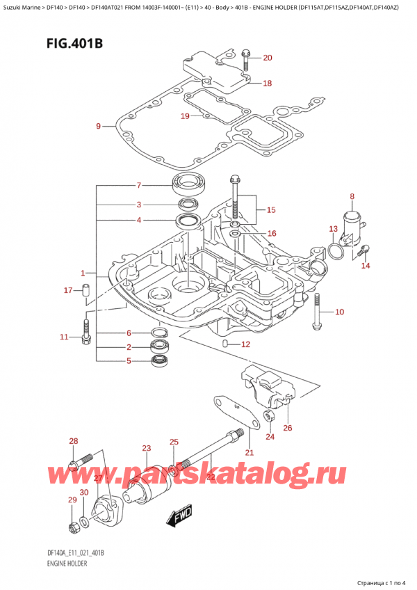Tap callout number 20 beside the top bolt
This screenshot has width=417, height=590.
[268, 58]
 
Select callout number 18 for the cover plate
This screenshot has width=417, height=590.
[268, 83]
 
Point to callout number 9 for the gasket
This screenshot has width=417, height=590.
[98, 126]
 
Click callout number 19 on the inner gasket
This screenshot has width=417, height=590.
[185, 116]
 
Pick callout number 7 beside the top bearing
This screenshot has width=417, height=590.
[139, 185]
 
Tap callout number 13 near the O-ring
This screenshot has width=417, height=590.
[333, 229]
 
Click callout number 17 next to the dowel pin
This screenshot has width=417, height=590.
[68, 290]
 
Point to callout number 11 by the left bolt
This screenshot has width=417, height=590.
[64, 337]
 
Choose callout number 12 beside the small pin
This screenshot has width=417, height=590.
[245, 344]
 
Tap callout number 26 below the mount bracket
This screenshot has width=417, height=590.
[288, 427]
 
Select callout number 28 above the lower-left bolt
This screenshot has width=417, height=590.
[74, 442]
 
